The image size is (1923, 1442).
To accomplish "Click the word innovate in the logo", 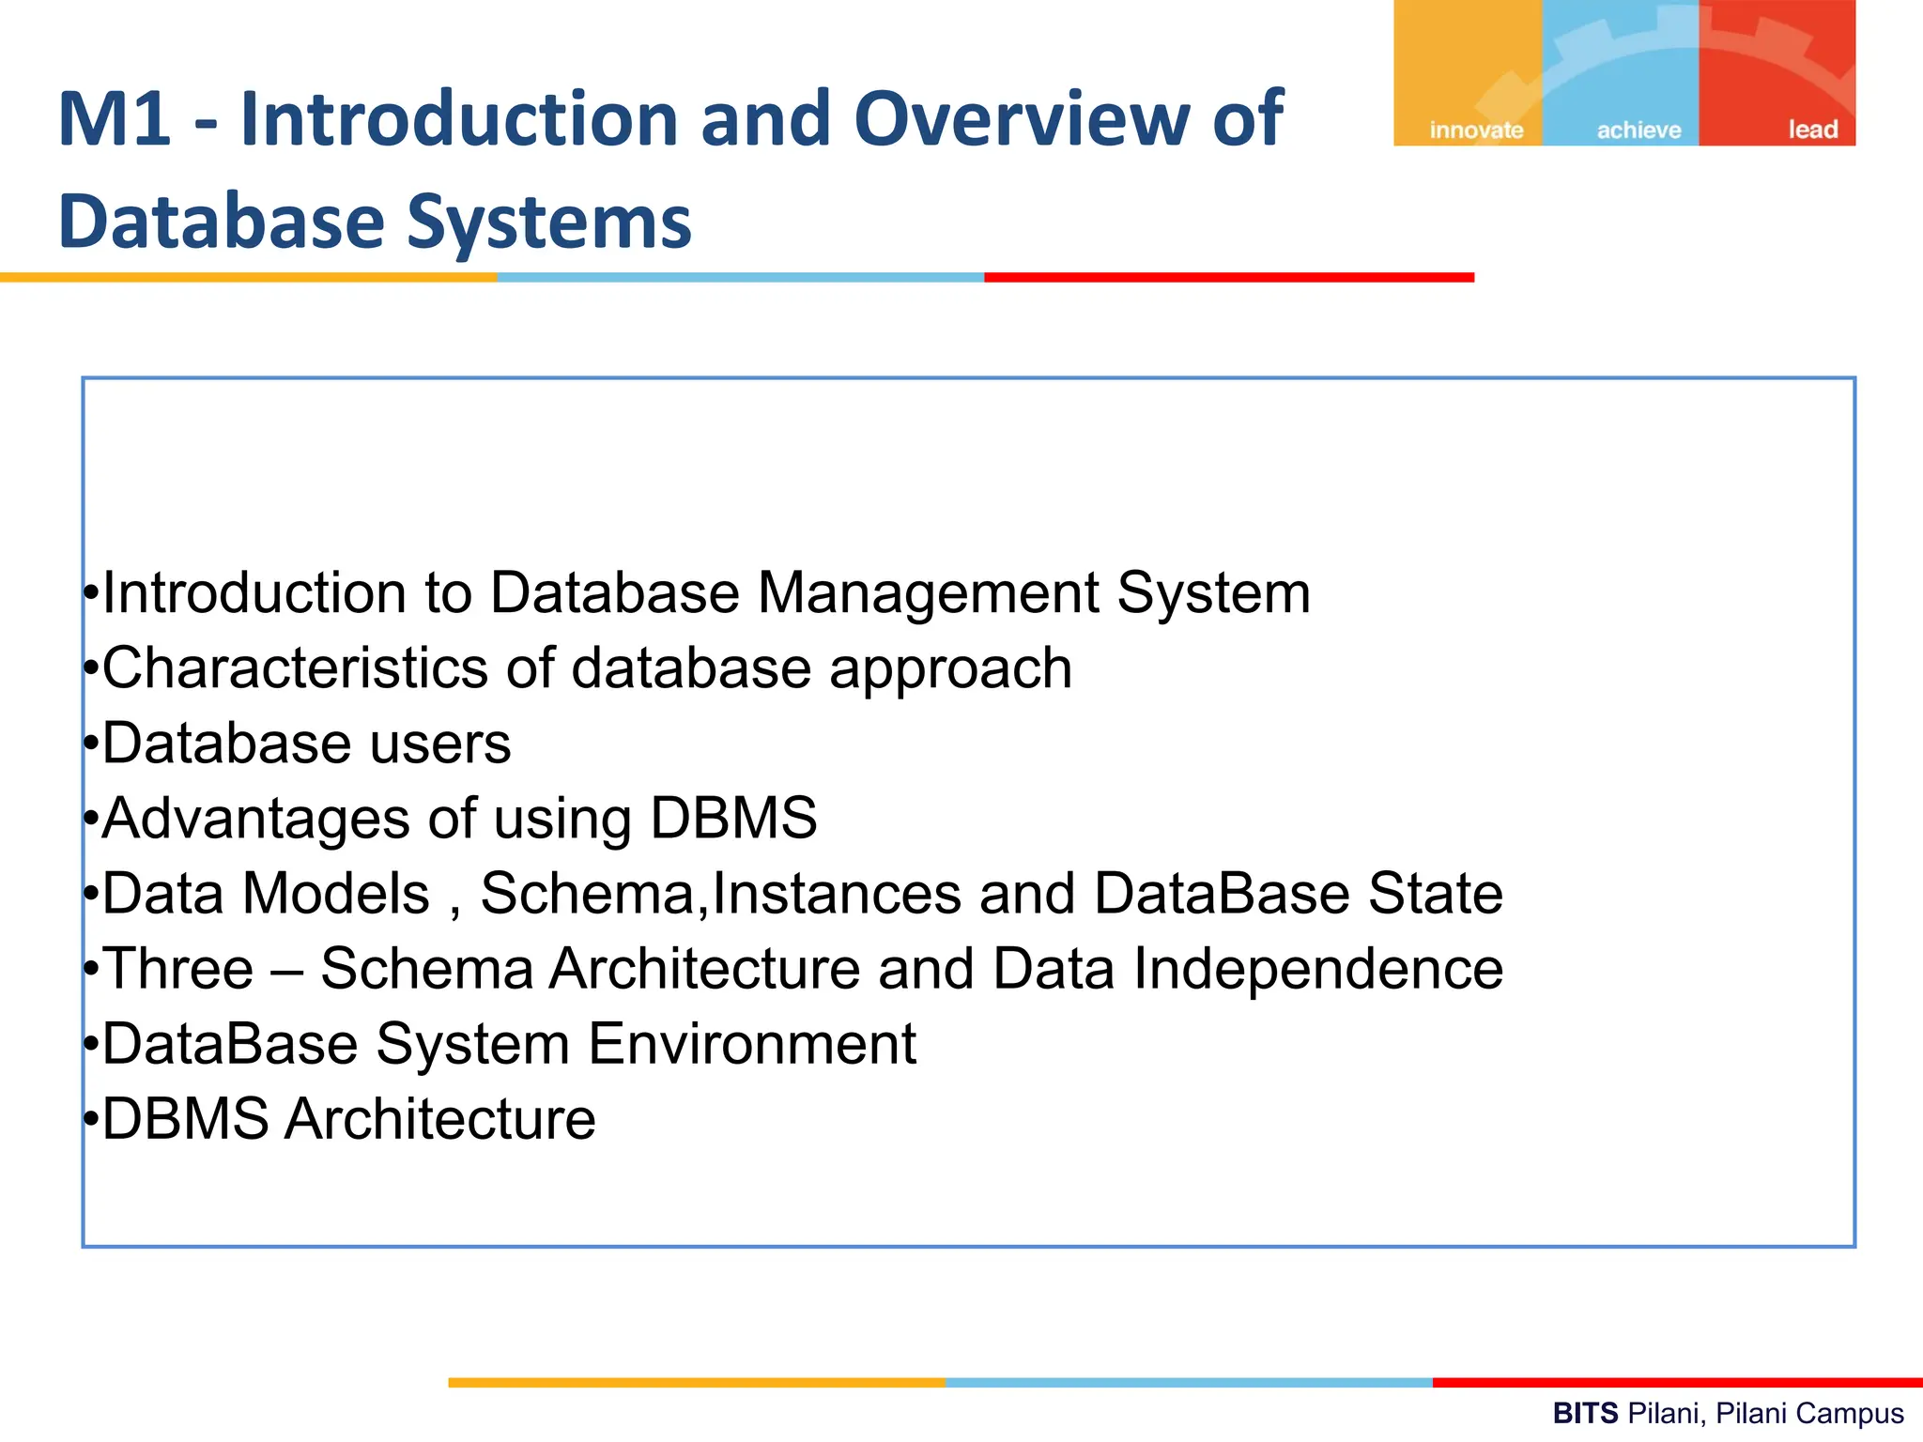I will point(1476,130).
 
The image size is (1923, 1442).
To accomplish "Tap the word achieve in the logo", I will point(1638,130).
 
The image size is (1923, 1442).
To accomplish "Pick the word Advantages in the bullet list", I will point(255,819).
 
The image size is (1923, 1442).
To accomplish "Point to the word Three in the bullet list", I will point(178,969).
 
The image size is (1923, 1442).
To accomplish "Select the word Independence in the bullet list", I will point(1318,969).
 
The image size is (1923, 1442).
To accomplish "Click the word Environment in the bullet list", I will point(752,1044).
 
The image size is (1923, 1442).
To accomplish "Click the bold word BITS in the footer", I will point(1585,1413).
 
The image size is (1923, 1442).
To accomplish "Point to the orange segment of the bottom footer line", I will point(696,1382).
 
